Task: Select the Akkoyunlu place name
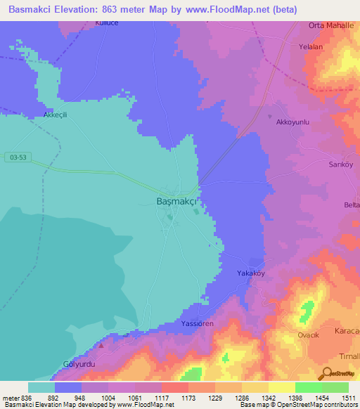point(292,122)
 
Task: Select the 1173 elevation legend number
point(188,398)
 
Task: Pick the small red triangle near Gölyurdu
point(101,345)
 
